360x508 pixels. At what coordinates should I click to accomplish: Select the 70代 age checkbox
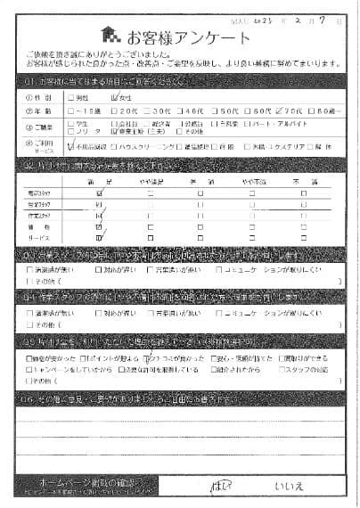tap(276, 111)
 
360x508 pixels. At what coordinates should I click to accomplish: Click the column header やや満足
tap(151, 181)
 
